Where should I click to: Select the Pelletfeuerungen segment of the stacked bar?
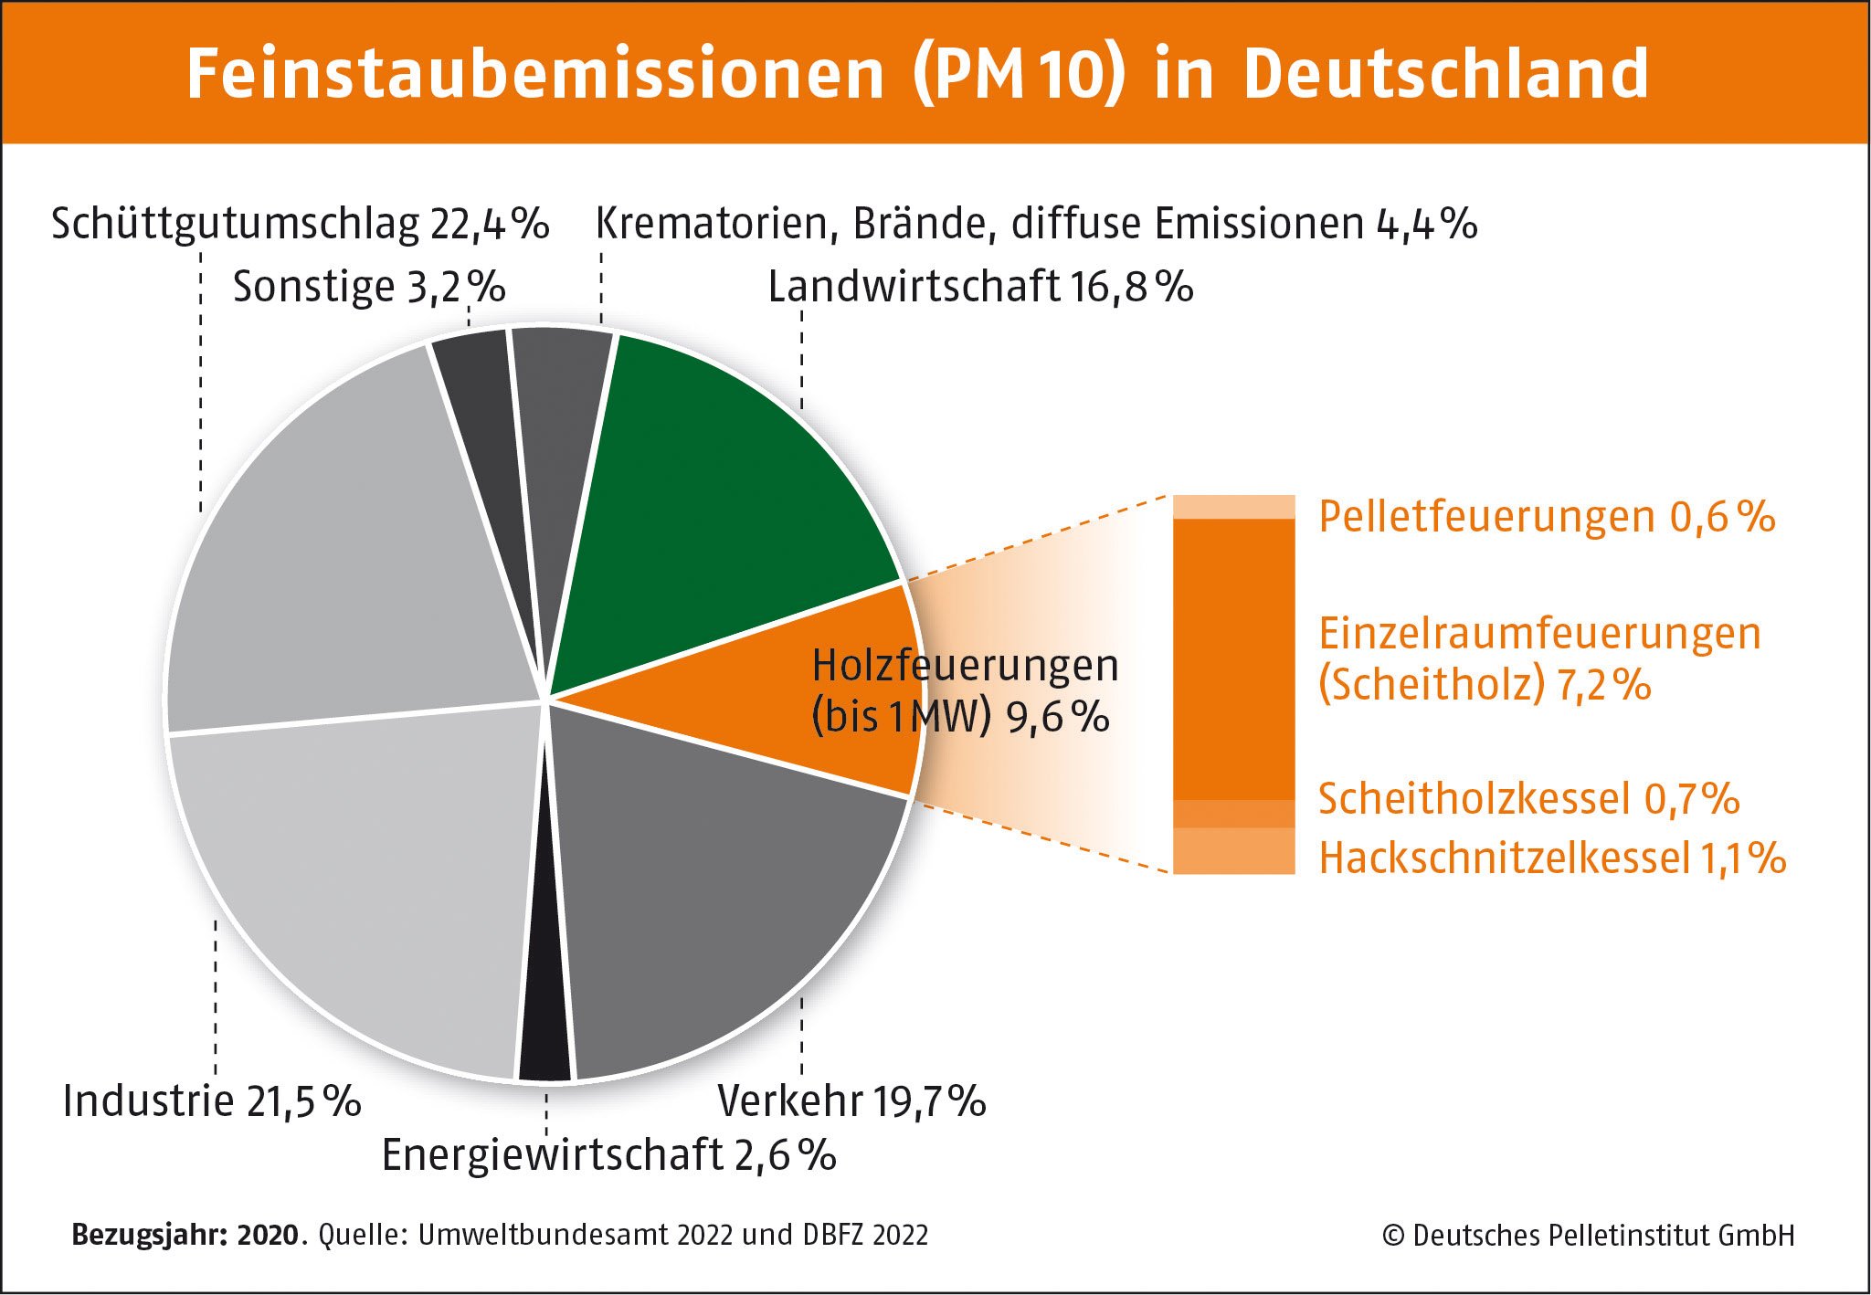point(1233,507)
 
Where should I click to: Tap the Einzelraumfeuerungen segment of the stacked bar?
point(1233,658)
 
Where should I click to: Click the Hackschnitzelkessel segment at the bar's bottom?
point(1233,851)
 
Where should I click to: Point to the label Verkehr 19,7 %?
point(851,1100)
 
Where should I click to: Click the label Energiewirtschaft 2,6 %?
point(608,1155)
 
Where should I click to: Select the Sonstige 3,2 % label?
point(369,287)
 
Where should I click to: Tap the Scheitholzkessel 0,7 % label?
point(1528,799)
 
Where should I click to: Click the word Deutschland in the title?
point(1445,73)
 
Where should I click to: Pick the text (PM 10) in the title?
point(1017,73)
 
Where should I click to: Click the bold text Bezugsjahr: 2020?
point(185,1235)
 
